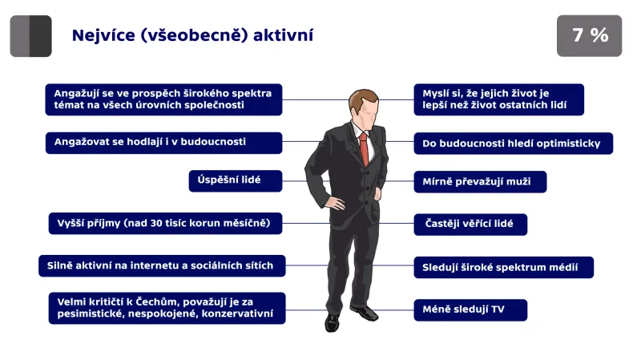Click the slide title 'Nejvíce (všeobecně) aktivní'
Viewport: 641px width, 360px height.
(x=192, y=35)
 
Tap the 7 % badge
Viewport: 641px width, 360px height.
(x=589, y=35)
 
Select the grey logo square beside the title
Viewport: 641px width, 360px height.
(x=30, y=36)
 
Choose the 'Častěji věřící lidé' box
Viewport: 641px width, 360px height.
(x=470, y=224)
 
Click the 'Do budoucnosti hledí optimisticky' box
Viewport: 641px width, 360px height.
(x=513, y=144)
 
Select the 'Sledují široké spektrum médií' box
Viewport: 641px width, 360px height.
(x=503, y=267)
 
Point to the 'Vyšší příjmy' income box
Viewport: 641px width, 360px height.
(x=164, y=223)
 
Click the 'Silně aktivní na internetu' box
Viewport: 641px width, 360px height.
(x=161, y=265)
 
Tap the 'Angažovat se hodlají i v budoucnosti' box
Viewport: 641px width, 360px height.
(x=163, y=142)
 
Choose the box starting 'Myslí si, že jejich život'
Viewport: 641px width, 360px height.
(x=498, y=99)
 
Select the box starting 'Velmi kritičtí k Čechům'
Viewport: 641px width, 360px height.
(x=167, y=308)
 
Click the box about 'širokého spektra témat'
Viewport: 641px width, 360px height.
(x=163, y=99)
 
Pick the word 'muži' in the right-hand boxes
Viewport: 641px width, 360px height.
(x=518, y=182)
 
